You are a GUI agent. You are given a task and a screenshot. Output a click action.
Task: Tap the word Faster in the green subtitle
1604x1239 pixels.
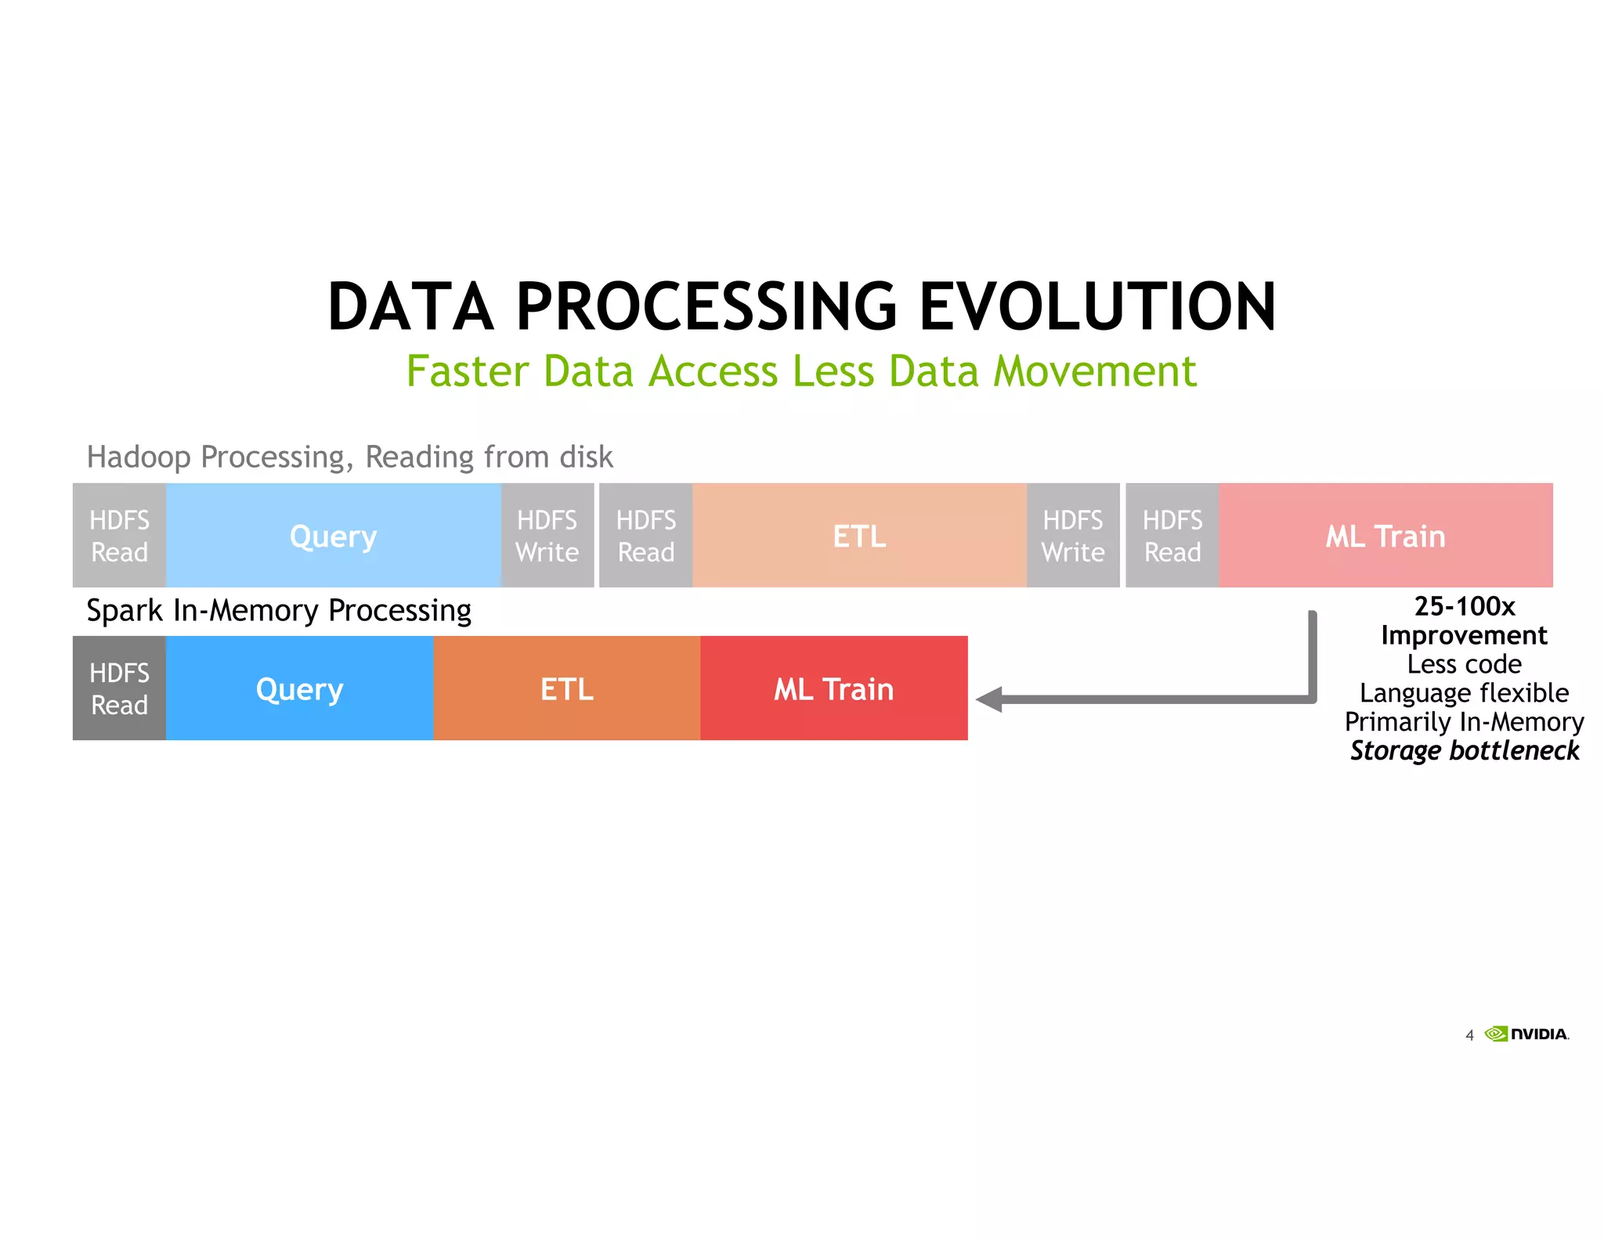(468, 371)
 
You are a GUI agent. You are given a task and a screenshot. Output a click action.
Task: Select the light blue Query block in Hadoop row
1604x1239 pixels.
(333, 536)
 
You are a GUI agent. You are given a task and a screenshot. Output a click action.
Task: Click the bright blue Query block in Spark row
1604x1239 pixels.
(299, 688)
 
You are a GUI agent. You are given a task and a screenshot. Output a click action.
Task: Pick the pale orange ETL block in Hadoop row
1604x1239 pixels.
(859, 536)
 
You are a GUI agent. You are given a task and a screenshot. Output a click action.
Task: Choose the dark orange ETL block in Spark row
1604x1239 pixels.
(566, 688)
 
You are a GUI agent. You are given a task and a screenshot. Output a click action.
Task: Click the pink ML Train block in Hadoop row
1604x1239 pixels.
(1385, 536)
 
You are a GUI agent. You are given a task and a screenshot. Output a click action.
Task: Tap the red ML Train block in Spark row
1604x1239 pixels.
(833, 688)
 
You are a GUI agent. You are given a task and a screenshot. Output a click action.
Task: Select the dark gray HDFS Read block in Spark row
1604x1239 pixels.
(119, 688)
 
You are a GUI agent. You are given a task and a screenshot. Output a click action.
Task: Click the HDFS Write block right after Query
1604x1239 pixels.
(547, 536)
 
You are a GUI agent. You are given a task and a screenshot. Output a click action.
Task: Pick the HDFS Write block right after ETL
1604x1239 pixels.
(1072, 536)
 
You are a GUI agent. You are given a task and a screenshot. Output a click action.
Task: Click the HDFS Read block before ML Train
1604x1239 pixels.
(1172, 536)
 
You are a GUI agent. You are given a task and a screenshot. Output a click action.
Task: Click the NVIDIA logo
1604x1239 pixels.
(1526, 1034)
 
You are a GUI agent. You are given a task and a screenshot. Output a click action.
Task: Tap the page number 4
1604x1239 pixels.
(1469, 1035)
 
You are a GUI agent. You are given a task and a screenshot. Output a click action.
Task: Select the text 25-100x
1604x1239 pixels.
(1464, 606)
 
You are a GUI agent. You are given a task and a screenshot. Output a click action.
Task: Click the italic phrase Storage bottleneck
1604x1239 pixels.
(1464, 750)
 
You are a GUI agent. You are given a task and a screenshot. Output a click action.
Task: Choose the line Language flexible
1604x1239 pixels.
(1464, 693)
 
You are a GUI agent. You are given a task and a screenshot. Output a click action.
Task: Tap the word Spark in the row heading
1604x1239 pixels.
(124, 610)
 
